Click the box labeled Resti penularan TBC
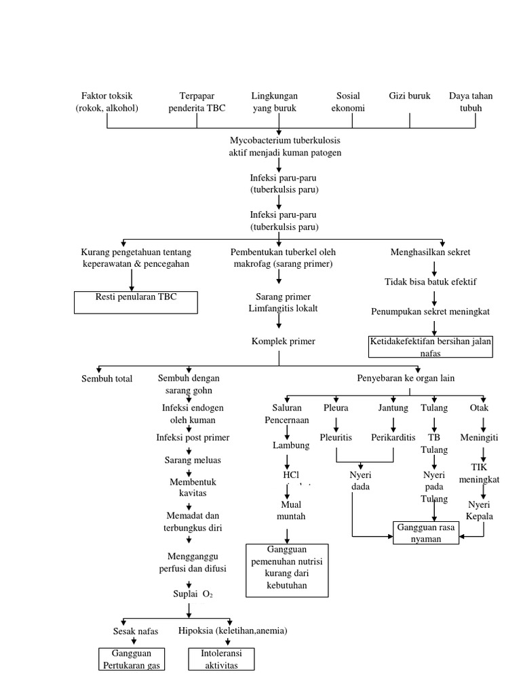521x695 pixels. click(135, 302)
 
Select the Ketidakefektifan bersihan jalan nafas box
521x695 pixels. click(430, 345)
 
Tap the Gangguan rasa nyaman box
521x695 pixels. click(426, 533)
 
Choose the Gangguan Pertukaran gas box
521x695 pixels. click(132, 658)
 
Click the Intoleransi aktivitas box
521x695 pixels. click(221, 658)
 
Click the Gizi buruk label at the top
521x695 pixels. click(409, 96)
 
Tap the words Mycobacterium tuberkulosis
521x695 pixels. click(285, 140)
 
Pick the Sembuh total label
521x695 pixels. click(107, 379)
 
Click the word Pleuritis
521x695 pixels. click(336, 438)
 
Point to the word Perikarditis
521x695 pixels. click(393, 438)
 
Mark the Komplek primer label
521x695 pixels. click(283, 341)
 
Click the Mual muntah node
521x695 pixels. click(290, 510)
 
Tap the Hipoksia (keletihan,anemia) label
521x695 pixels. click(233, 631)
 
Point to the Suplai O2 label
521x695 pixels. click(193, 594)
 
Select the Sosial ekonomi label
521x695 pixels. click(348, 102)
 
